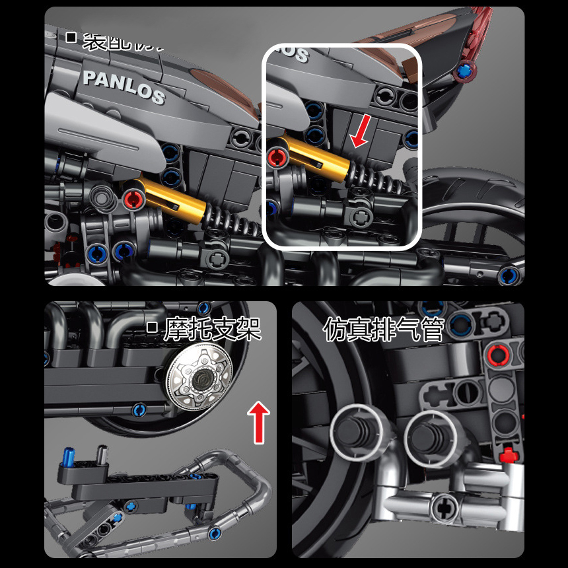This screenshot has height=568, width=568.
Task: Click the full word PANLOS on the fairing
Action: (x=123, y=85)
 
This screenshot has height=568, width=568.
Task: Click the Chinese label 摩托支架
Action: (x=212, y=328)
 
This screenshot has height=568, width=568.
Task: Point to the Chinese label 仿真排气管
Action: (x=383, y=328)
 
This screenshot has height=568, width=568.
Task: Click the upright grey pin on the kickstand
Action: (x=102, y=454)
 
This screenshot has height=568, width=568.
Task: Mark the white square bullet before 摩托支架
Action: (x=152, y=326)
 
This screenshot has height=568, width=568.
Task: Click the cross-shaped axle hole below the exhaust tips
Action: (x=442, y=507)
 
